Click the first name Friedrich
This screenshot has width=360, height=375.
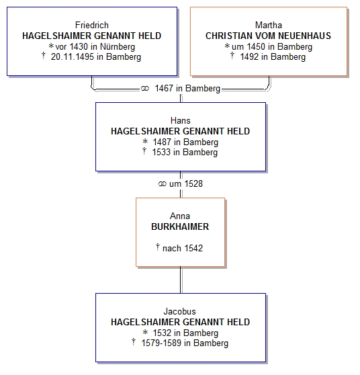(x=92, y=25)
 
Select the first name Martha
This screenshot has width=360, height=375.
(x=269, y=25)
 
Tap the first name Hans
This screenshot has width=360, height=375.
(x=181, y=120)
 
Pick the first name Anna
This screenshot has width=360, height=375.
(x=180, y=216)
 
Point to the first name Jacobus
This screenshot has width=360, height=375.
(x=179, y=311)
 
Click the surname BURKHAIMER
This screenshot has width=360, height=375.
(x=180, y=226)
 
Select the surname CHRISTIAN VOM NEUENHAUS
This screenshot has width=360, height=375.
(x=268, y=36)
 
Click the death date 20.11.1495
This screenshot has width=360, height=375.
(x=72, y=57)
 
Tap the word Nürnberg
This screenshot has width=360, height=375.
(x=118, y=46)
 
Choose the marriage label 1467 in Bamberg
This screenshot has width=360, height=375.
(x=187, y=89)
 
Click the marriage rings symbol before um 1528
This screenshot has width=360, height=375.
(x=163, y=184)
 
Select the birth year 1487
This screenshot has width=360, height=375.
(x=162, y=142)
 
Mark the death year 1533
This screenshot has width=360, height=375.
(x=161, y=153)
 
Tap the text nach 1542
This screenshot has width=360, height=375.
(x=183, y=248)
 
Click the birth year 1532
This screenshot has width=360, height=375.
(x=162, y=333)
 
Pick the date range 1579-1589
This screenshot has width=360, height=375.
(x=161, y=343)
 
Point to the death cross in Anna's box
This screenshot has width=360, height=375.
(x=158, y=247)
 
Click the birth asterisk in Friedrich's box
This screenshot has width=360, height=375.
(x=51, y=46)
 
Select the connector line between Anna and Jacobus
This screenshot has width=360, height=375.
(x=181, y=280)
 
